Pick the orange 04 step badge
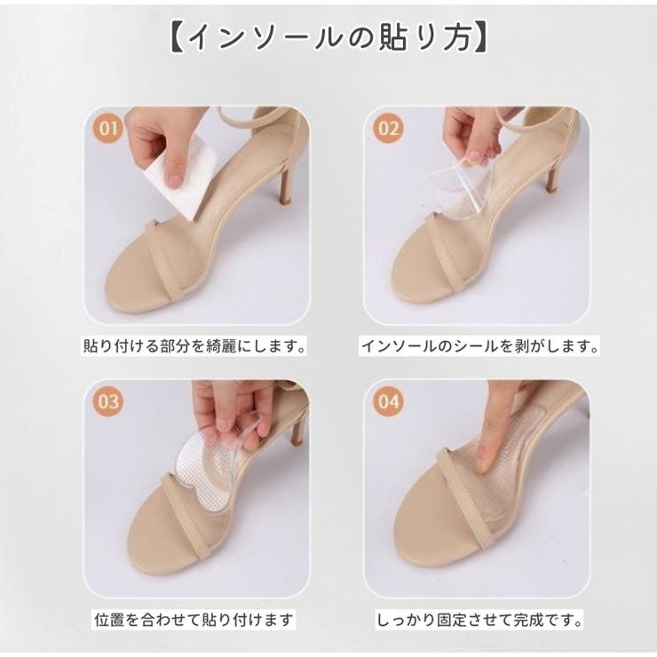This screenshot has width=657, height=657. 388,400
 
